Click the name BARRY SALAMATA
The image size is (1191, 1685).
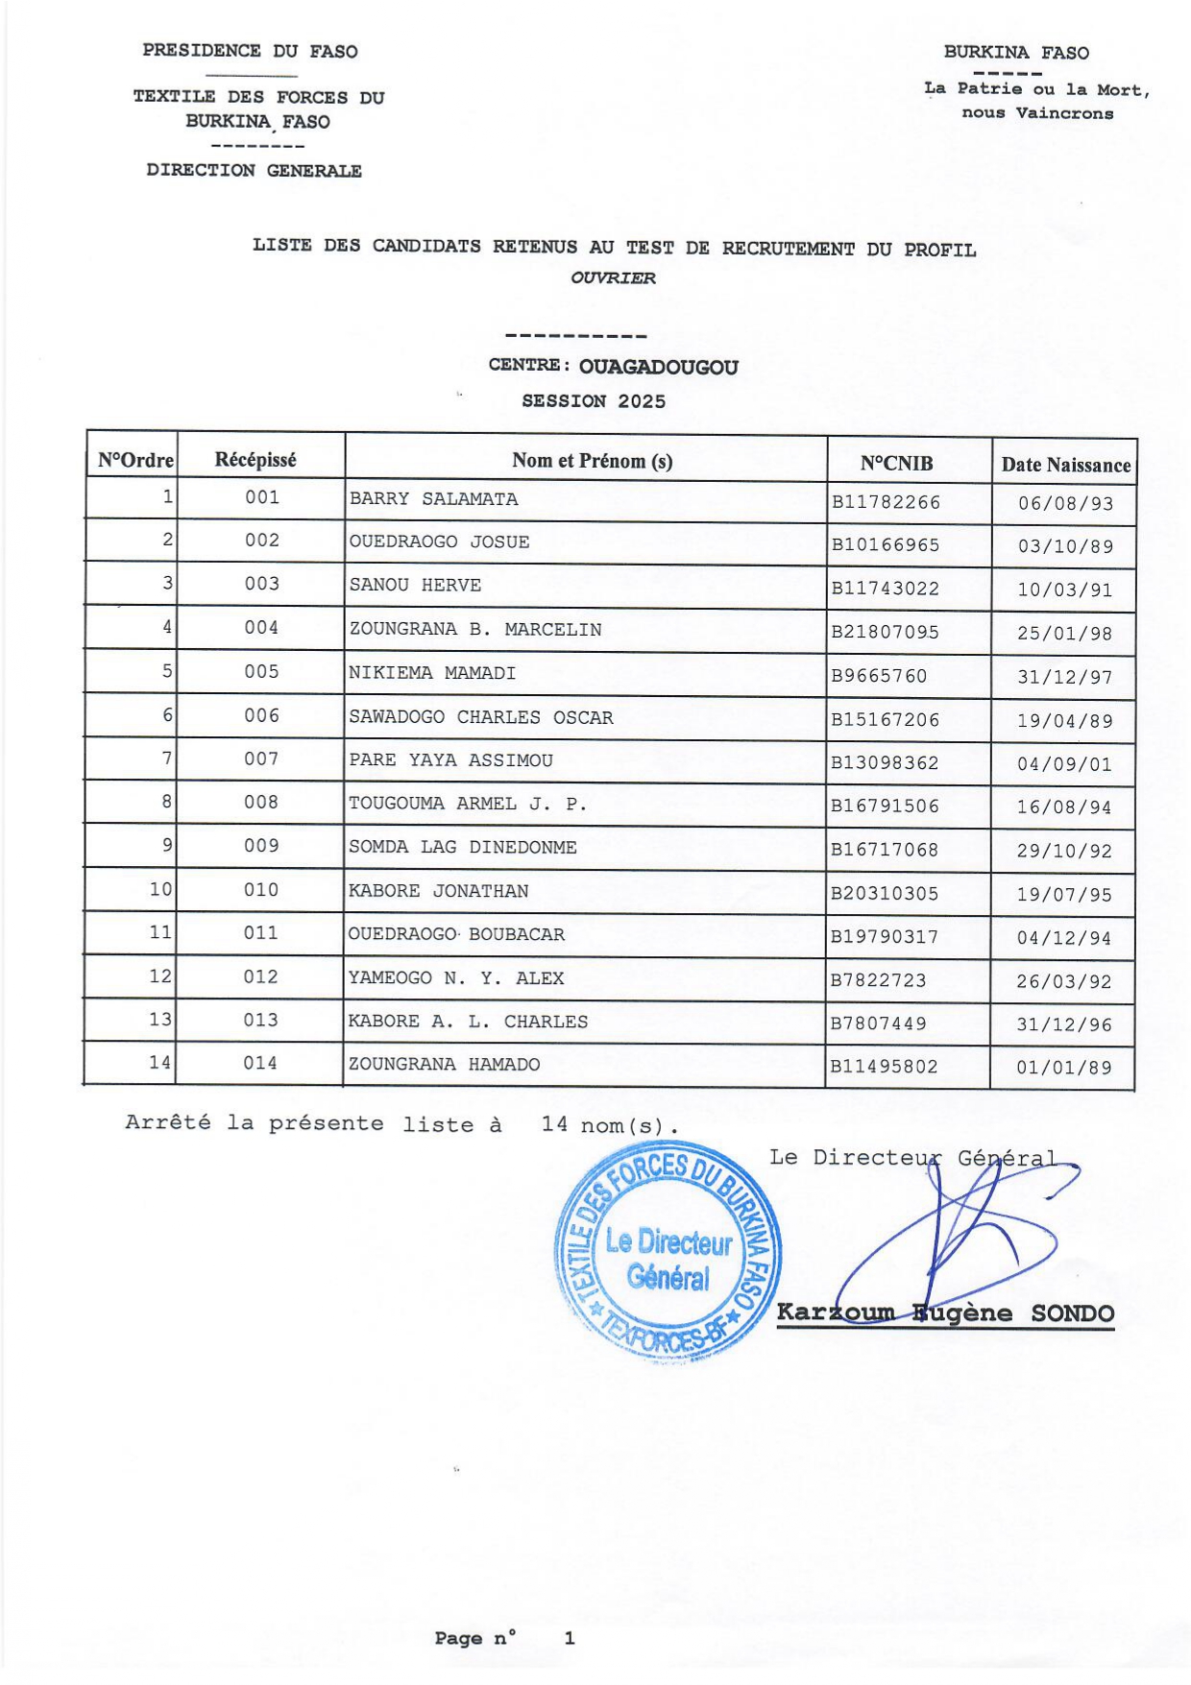tap(433, 499)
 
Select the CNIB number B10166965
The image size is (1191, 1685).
tap(885, 545)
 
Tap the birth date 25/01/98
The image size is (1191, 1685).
tap(1064, 634)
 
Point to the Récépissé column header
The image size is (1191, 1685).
tap(255, 460)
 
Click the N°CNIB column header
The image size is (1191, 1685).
tap(896, 464)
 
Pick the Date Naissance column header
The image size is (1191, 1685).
tap(1065, 466)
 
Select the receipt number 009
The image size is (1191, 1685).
tap(261, 846)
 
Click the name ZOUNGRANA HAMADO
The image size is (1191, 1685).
tap(444, 1064)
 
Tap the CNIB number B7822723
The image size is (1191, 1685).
tap(878, 980)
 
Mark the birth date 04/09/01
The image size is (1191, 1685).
tap(1064, 764)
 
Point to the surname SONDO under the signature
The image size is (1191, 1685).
tap(1072, 1313)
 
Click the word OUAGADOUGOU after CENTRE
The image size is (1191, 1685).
tap(658, 367)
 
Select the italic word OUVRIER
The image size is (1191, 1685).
tap(613, 278)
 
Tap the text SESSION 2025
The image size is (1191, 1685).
tap(594, 401)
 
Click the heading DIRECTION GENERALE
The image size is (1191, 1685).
tap(254, 171)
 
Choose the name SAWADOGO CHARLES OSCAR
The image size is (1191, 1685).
tap(480, 717)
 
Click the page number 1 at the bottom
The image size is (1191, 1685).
tap(570, 1638)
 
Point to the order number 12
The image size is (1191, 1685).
tap(159, 976)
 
